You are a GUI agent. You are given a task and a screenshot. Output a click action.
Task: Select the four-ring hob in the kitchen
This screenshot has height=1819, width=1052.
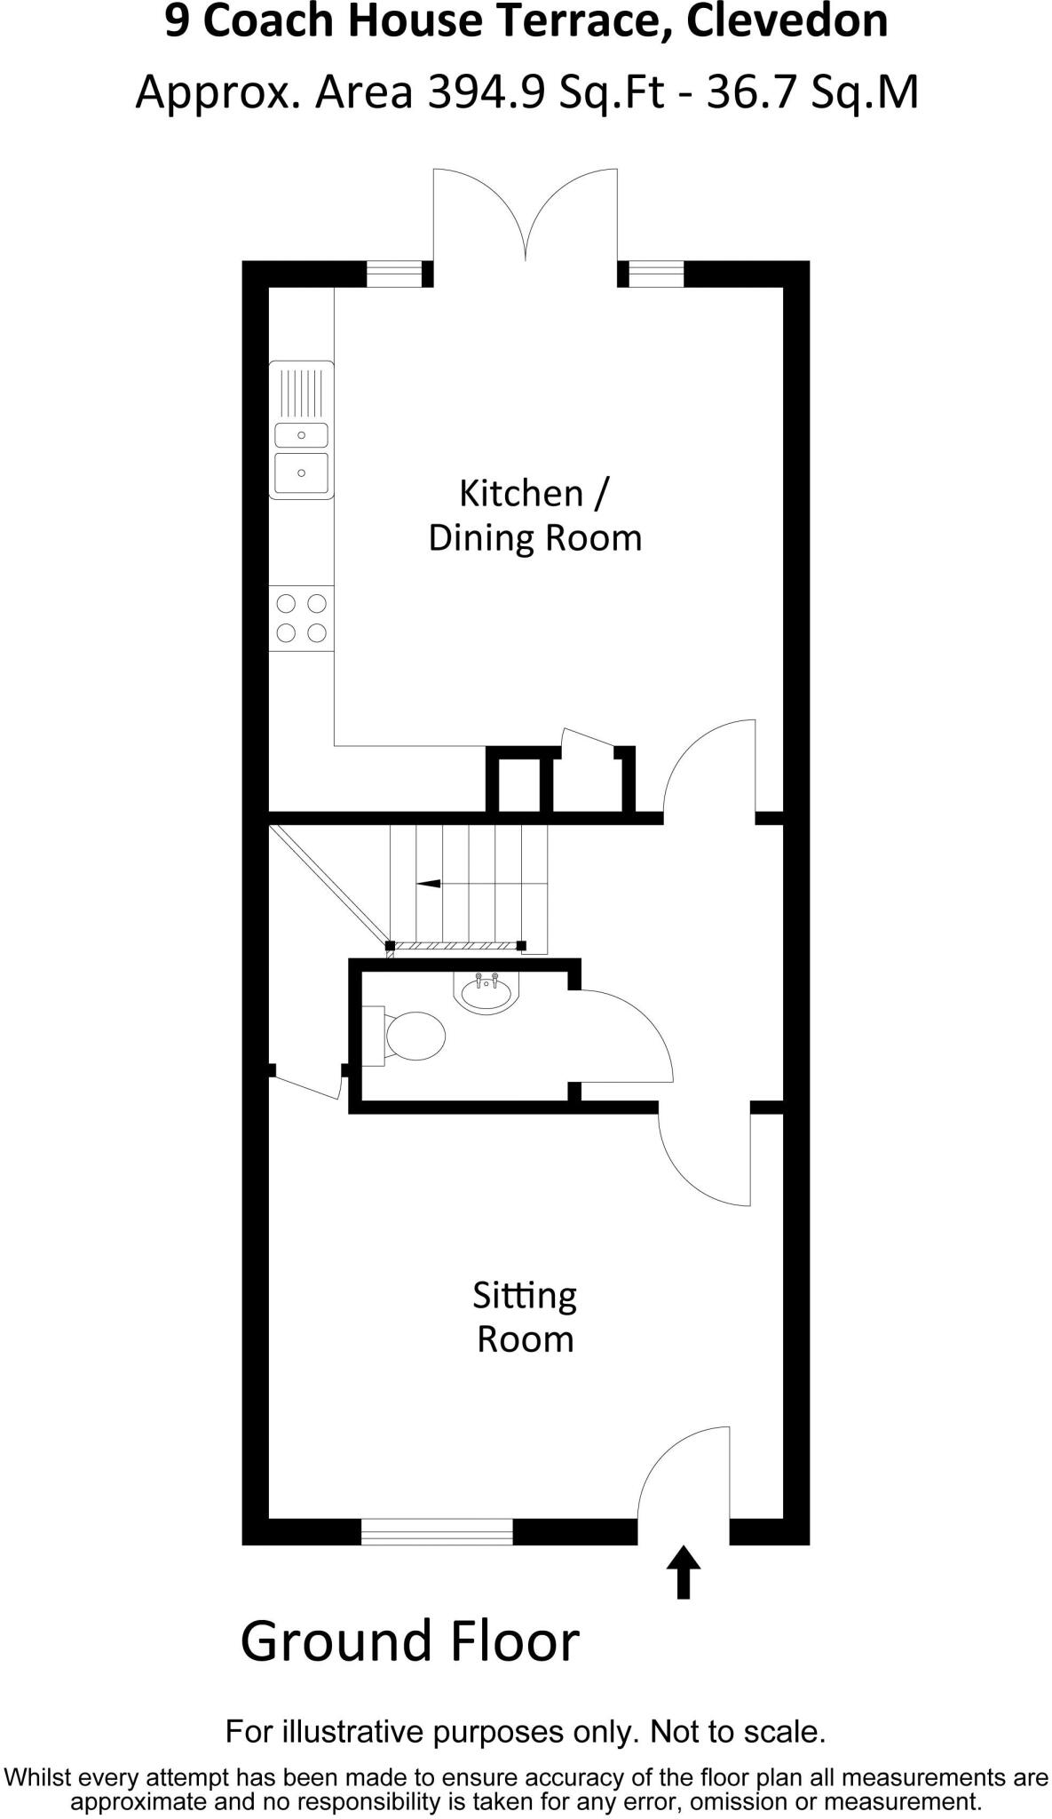coord(302,618)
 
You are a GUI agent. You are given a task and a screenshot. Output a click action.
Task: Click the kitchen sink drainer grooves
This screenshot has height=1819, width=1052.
coord(302,393)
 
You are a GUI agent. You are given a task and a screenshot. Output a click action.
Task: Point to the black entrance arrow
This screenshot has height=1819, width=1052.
coord(683,1573)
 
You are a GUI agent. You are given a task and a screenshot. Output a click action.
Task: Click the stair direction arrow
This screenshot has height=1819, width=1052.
coord(430,884)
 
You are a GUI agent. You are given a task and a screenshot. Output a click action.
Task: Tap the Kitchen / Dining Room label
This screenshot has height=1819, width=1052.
coord(534,516)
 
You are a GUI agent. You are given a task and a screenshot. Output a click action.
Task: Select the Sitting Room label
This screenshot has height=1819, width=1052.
coord(525,1317)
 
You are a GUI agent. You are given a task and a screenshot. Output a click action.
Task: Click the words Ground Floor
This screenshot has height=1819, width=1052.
coord(409,1641)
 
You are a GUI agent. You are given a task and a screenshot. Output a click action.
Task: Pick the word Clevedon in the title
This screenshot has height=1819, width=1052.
coord(787,21)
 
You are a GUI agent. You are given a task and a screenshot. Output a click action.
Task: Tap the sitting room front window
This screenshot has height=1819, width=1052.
coord(437,1531)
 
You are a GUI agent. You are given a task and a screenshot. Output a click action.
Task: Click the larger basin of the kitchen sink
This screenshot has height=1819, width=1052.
coord(302,473)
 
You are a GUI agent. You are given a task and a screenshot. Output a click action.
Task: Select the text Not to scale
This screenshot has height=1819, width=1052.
coord(738,1732)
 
